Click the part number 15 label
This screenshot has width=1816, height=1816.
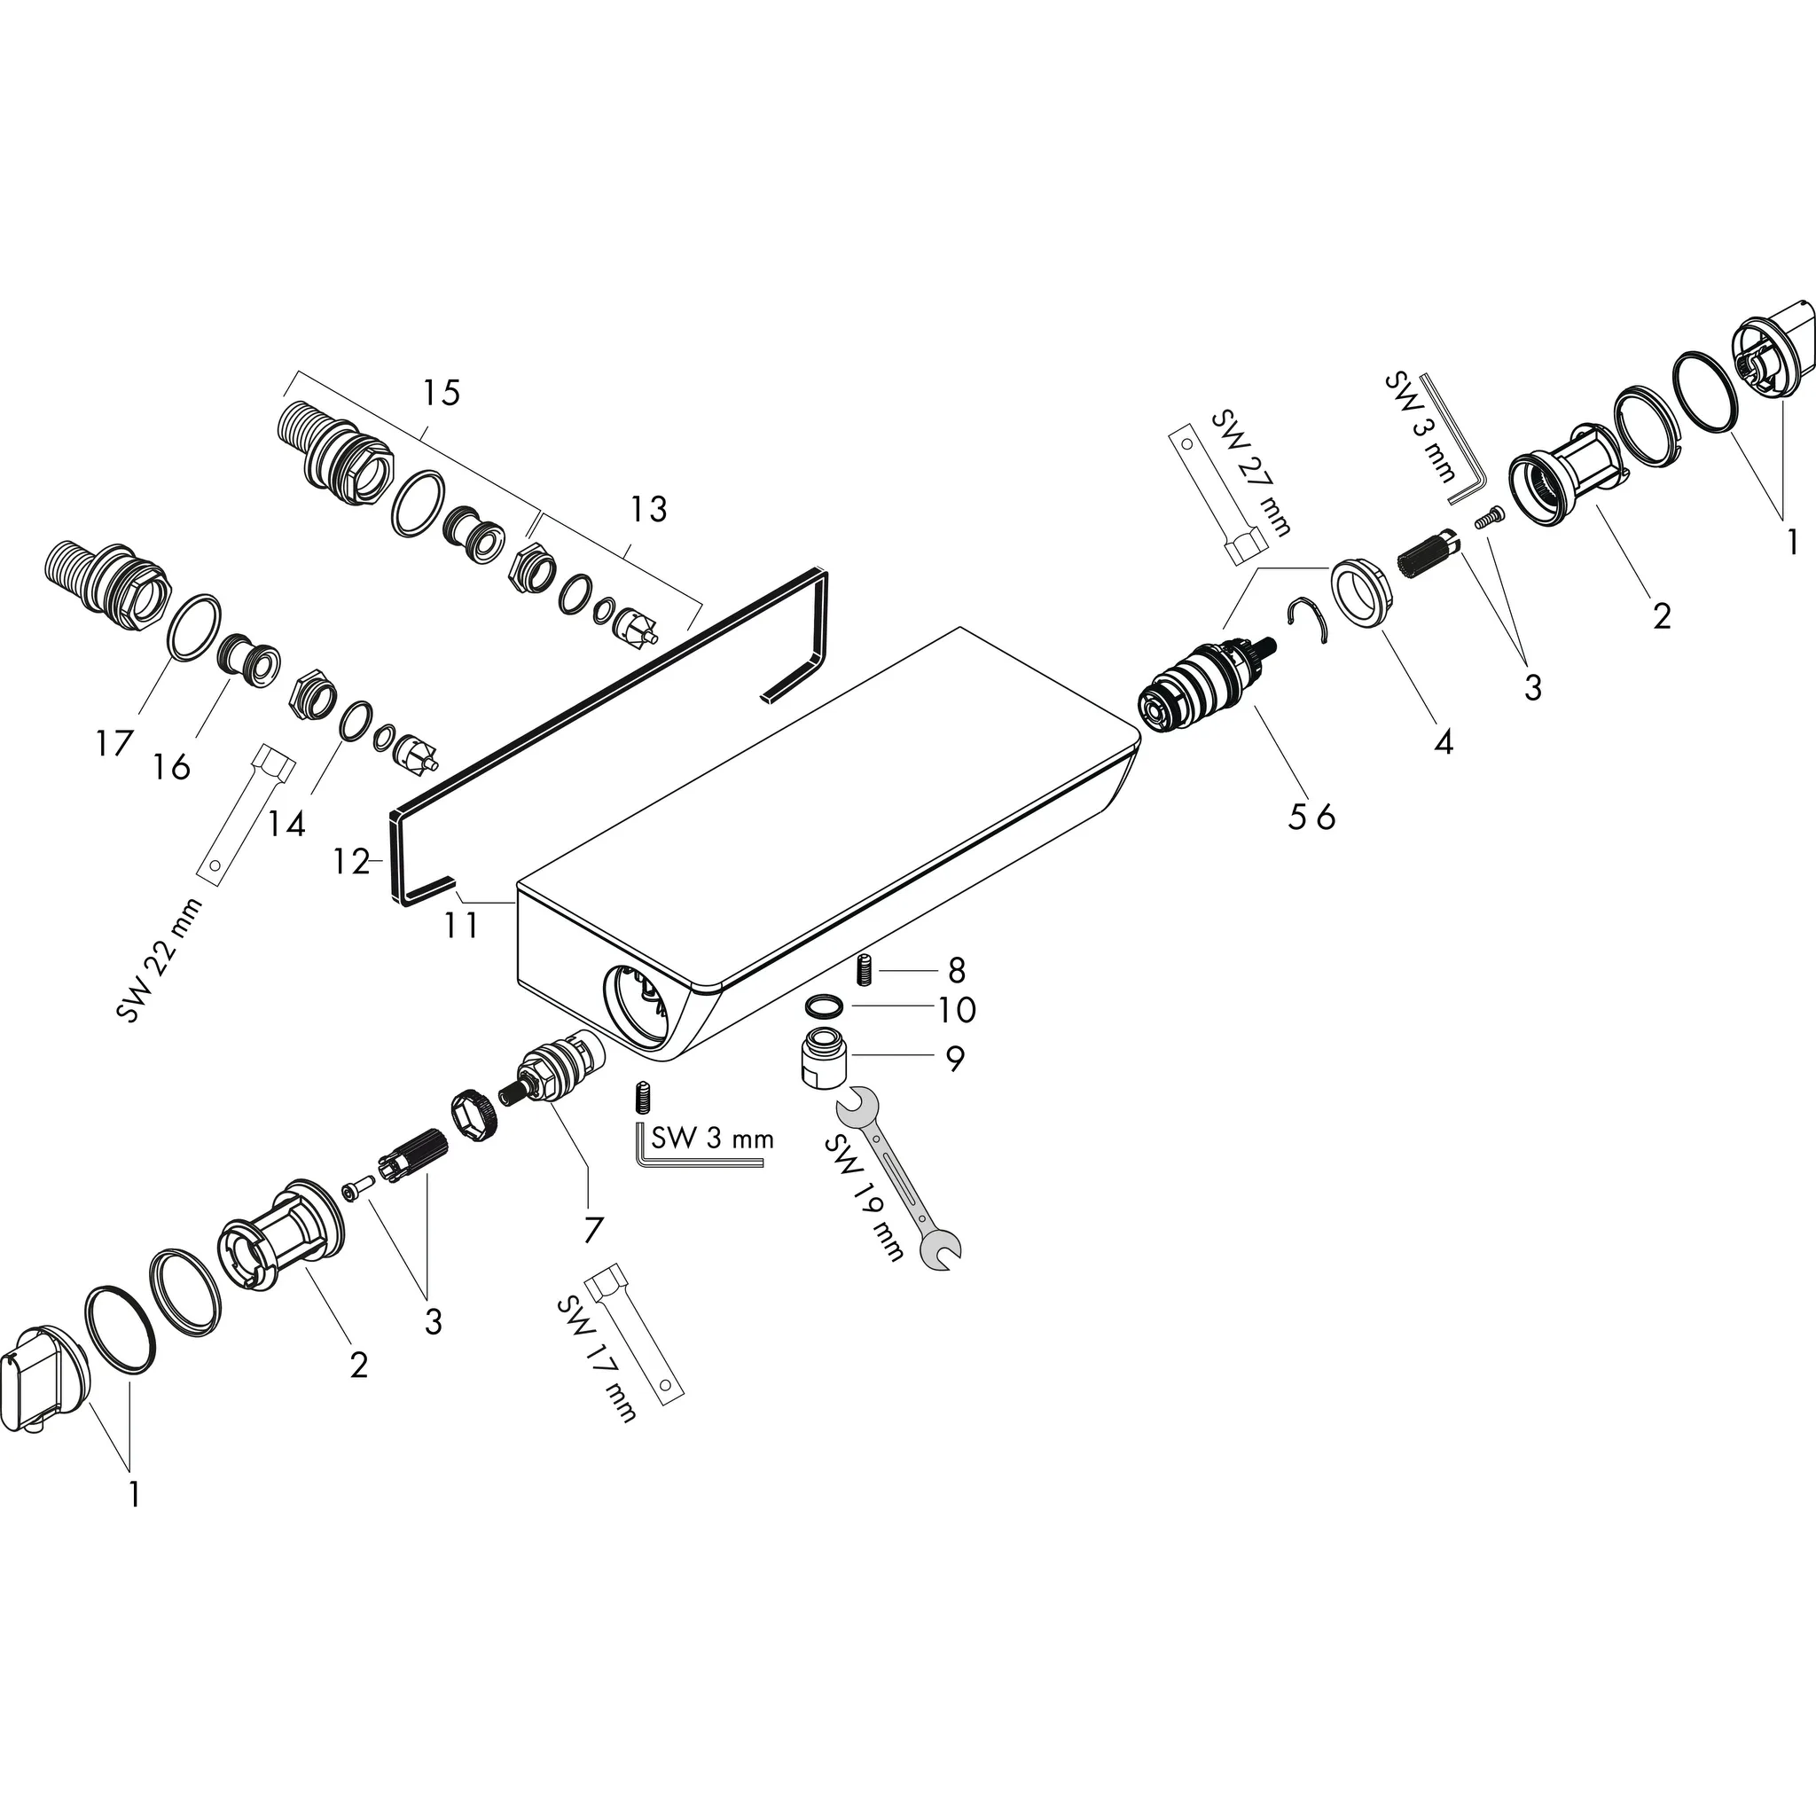point(441,392)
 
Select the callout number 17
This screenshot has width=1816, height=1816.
point(113,743)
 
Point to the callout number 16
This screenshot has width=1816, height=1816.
point(172,766)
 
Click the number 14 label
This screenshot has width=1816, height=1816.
point(286,824)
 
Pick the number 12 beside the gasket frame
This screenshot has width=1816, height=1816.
point(350,861)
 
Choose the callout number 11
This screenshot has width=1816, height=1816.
point(461,925)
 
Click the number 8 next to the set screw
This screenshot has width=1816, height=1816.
point(957,968)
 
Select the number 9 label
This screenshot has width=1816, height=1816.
point(954,1059)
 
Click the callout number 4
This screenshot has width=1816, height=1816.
point(1443,741)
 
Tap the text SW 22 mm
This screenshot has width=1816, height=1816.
point(159,959)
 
